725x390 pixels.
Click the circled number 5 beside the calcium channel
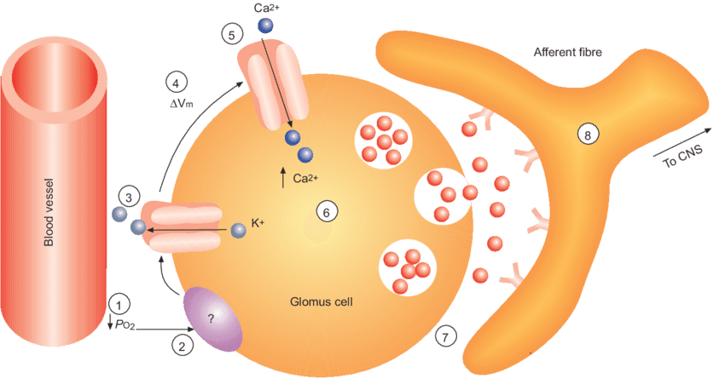pyautogui.click(x=230, y=34)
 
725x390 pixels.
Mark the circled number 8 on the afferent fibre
pyautogui.click(x=588, y=133)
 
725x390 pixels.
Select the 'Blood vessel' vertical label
pyautogui.click(x=49, y=212)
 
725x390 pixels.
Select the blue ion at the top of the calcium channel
pyautogui.click(x=268, y=27)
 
